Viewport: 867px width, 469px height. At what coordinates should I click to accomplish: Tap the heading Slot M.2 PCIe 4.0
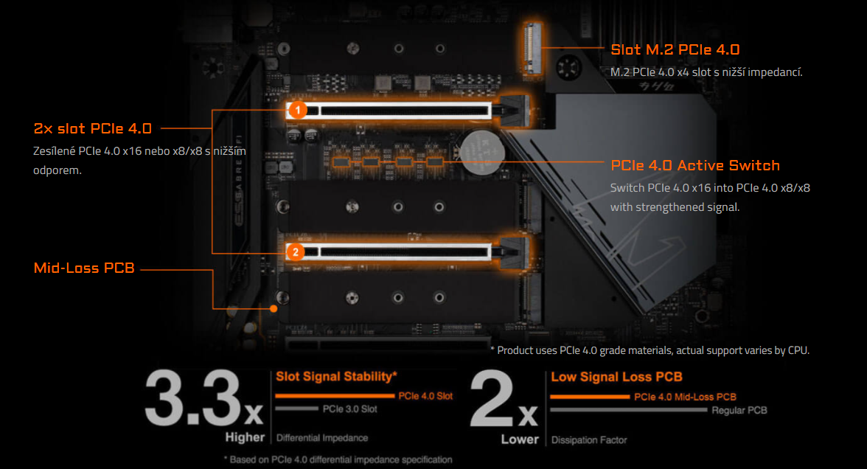pos(675,50)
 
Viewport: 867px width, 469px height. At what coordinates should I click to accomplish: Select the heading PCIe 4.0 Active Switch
pos(694,165)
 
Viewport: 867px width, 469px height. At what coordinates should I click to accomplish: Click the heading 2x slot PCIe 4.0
pos(93,128)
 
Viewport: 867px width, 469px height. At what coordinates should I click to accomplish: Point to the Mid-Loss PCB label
pos(84,268)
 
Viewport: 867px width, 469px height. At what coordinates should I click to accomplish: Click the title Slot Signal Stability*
pos(330,377)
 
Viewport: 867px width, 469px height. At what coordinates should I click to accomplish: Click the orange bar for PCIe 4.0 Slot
pos(335,396)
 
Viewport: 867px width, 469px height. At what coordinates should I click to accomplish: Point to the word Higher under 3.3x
pos(244,438)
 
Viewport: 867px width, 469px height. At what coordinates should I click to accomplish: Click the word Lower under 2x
pos(520,440)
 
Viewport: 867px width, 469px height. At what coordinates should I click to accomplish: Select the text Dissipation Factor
pos(589,440)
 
